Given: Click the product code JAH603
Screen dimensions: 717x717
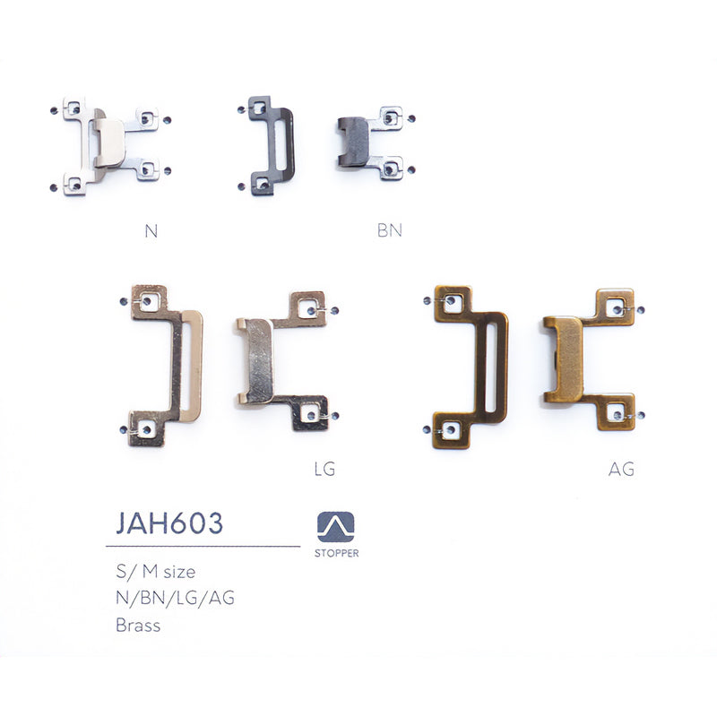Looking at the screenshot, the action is pyautogui.click(x=169, y=523).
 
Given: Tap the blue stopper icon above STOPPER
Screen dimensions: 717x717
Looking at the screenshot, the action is pyautogui.click(x=336, y=527).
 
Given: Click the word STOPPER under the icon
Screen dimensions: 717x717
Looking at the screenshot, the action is pyautogui.click(x=337, y=553).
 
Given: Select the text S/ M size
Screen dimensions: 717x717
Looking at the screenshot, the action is pyautogui.click(x=156, y=572).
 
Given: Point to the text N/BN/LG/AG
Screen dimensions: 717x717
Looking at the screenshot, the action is pyautogui.click(x=175, y=598).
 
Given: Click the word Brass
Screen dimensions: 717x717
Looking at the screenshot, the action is pyautogui.click(x=138, y=625).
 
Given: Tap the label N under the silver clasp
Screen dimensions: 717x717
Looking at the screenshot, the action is pyautogui.click(x=151, y=231).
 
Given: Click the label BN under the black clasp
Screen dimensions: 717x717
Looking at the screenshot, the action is pyautogui.click(x=390, y=230).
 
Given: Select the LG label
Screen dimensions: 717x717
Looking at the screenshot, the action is pyautogui.click(x=324, y=469).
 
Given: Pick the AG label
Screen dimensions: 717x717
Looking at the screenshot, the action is pyautogui.click(x=621, y=469).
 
